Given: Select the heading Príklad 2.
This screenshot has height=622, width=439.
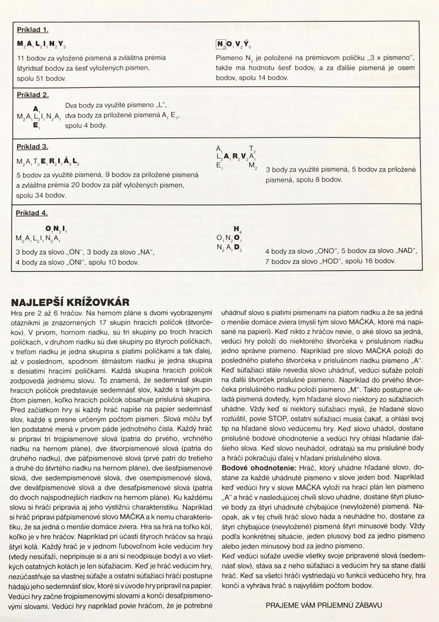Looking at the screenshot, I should coord(33,94).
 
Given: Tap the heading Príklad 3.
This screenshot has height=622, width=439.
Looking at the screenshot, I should coord(33,147).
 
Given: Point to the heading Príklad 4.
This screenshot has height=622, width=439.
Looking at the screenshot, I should coord(33,212).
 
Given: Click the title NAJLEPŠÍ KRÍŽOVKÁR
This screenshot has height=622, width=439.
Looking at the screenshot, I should coord(70,302).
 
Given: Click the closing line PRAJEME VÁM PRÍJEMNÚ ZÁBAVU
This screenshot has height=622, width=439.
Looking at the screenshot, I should coord(324,605).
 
